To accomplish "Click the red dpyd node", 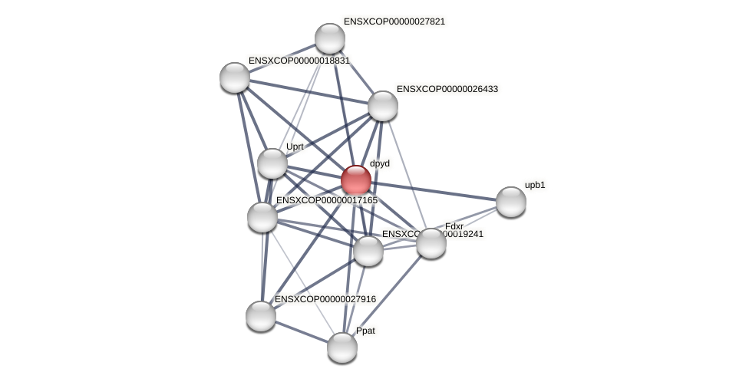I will click(356, 180).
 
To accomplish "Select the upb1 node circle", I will click(511, 202).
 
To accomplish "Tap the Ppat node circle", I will click(342, 347).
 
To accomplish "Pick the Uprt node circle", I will click(272, 163).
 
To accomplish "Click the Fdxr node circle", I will click(431, 243).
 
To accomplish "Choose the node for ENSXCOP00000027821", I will click(330, 38).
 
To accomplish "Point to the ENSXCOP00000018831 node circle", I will click(235, 77).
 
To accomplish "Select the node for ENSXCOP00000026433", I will click(383, 106).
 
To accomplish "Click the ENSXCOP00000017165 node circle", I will click(262, 217).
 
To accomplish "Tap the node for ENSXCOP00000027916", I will click(261, 316).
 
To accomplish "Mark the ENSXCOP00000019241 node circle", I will click(368, 251).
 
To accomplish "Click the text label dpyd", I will click(380, 163).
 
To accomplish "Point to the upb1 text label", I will click(535, 185).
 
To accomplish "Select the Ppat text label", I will click(366, 331).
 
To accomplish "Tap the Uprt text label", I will click(295, 147).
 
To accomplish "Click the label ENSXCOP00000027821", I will click(394, 21).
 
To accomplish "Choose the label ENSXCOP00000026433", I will click(447, 89).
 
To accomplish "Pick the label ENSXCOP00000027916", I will click(325, 299).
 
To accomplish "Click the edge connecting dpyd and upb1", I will click(434, 191).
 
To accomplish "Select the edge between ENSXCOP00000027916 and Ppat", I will click(302, 332).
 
